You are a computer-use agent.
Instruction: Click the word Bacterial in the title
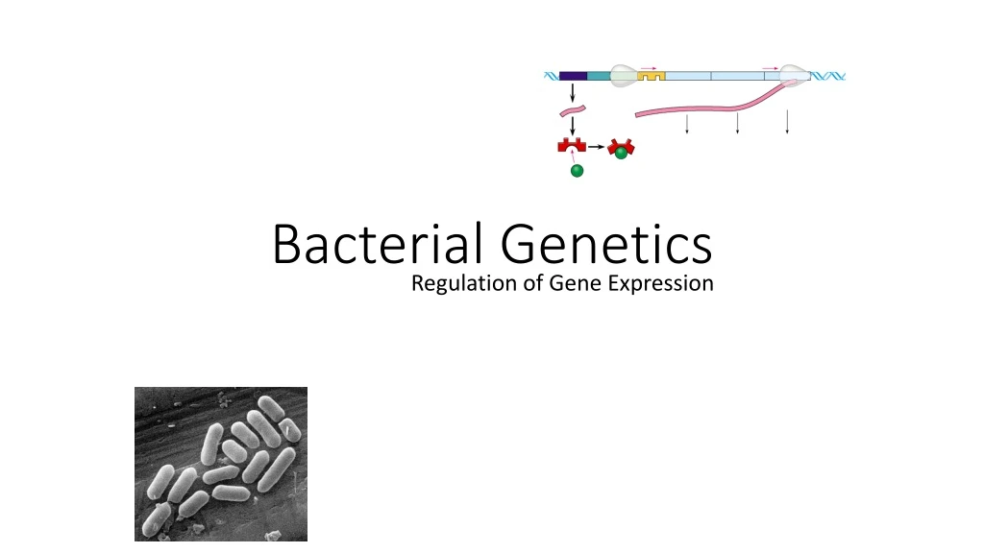(381, 244)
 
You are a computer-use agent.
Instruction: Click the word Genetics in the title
(607, 244)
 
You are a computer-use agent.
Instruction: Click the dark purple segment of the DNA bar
(573, 75)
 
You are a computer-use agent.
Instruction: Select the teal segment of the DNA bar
(598, 75)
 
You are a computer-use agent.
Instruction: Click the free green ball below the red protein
(577, 171)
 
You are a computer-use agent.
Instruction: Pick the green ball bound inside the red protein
(622, 152)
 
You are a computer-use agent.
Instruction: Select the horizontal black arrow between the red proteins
(597, 147)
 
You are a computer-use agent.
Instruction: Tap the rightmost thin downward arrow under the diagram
(787, 122)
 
